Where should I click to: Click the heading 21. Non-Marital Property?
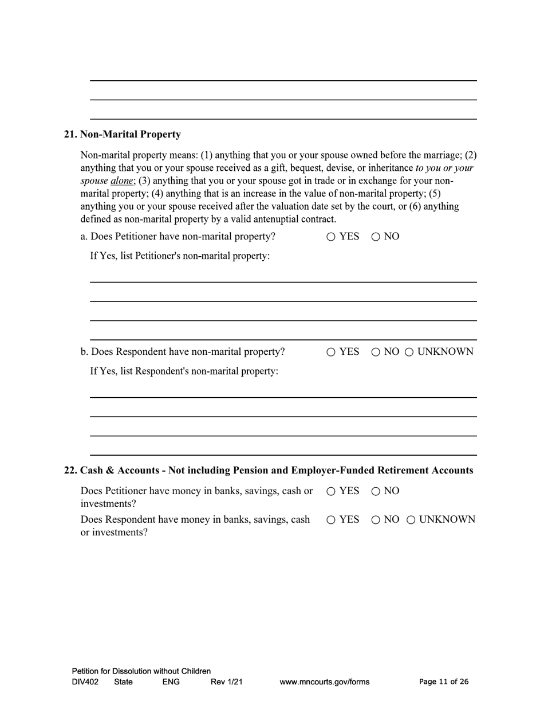point(122,135)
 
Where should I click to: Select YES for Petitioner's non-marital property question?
point(331,237)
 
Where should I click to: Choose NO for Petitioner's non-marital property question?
point(376,237)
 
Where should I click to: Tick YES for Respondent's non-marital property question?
point(331,352)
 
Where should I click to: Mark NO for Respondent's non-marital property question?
point(376,352)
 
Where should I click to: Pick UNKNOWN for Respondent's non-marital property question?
point(409,352)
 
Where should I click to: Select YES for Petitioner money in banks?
point(331,492)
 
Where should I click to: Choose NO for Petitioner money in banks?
point(376,492)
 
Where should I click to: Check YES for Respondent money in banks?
point(331,520)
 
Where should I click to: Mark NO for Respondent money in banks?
point(376,520)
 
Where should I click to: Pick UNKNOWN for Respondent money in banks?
point(411,520)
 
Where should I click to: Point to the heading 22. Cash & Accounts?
point(268,471)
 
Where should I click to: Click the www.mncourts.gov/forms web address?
point(324,682)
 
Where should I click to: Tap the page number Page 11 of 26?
point(444,682)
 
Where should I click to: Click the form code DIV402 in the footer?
point(85,682)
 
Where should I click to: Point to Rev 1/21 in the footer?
point(226,682)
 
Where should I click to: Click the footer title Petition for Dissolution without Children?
point(141,671)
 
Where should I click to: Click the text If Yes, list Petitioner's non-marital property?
point(180,256)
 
